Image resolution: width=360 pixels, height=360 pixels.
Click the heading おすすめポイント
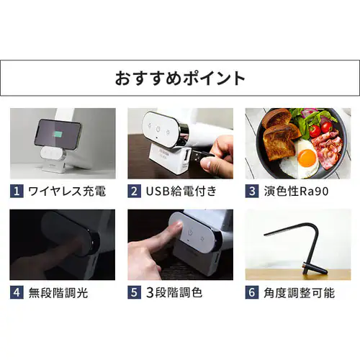click(180, 78)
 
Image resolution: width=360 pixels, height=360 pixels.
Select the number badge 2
click(134, 192)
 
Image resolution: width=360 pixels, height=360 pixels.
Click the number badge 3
click(251, 192)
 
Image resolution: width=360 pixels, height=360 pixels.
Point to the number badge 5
click(134, 293)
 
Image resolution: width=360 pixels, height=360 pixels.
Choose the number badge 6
click(251, 293)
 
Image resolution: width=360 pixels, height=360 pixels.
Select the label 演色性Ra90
click(296, 192)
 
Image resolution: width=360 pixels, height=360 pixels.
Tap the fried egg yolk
click(306, 156)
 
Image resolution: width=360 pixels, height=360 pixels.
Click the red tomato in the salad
click(325, 127)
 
